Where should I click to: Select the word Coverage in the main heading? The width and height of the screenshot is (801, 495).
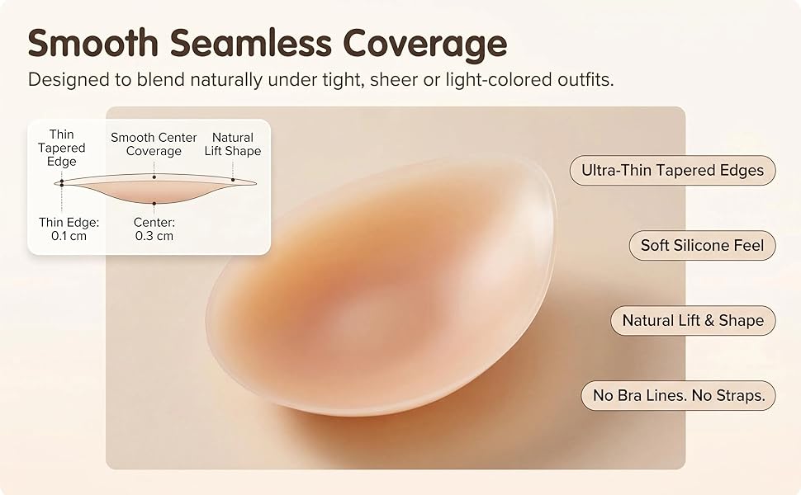pyautogui.click(x=425, y=45)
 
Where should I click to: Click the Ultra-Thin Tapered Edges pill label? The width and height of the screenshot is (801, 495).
pyautogui.click(x=672, y=171)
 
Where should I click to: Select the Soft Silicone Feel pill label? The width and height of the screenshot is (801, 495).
pyautogui.click(x=702, y=246)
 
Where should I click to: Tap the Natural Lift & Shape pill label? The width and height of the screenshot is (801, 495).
pyautogui.click(x=693, y=320)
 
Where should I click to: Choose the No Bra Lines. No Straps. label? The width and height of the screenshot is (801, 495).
pyautogui.click(x=678, y=395)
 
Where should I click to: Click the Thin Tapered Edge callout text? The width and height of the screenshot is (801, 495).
pyautogui.click(x=61, y=148)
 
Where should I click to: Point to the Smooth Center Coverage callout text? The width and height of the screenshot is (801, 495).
pyautogui.click(x=154, y=144)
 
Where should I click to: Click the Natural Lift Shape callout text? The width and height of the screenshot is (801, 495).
pyautogui.click(x=232, y=144)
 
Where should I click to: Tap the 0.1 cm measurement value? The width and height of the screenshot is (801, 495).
pyautogui.click(x=69, y=236)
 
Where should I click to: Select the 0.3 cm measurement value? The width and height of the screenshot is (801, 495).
pyautogui.click(x=154, y=236)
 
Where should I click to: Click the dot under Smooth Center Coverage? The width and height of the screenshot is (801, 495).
pyautogui.click(x=154, y=177)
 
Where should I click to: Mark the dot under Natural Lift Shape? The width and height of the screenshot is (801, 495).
pyautogui.click(x=233, y=179)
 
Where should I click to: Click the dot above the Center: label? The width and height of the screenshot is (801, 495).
pyautogui.click(x=154, y=204)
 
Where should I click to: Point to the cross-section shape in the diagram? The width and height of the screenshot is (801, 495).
pyautogui.click(x=154, y=190)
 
